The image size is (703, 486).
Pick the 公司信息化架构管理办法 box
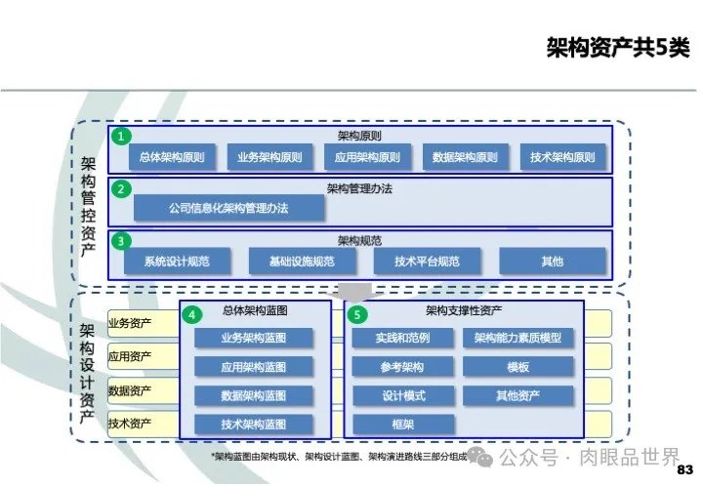click(227, 208)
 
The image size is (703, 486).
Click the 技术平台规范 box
click(427, 261)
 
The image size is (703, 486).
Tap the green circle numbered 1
click(119, 137)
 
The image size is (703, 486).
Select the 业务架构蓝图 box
click(254, 338)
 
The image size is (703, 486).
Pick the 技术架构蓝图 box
click(254, 425)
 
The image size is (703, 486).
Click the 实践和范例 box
click(402, 338)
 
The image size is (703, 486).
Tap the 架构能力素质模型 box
click(517, 338)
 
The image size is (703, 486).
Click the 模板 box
click(517, 367)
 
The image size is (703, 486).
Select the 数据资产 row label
click(130, 390)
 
